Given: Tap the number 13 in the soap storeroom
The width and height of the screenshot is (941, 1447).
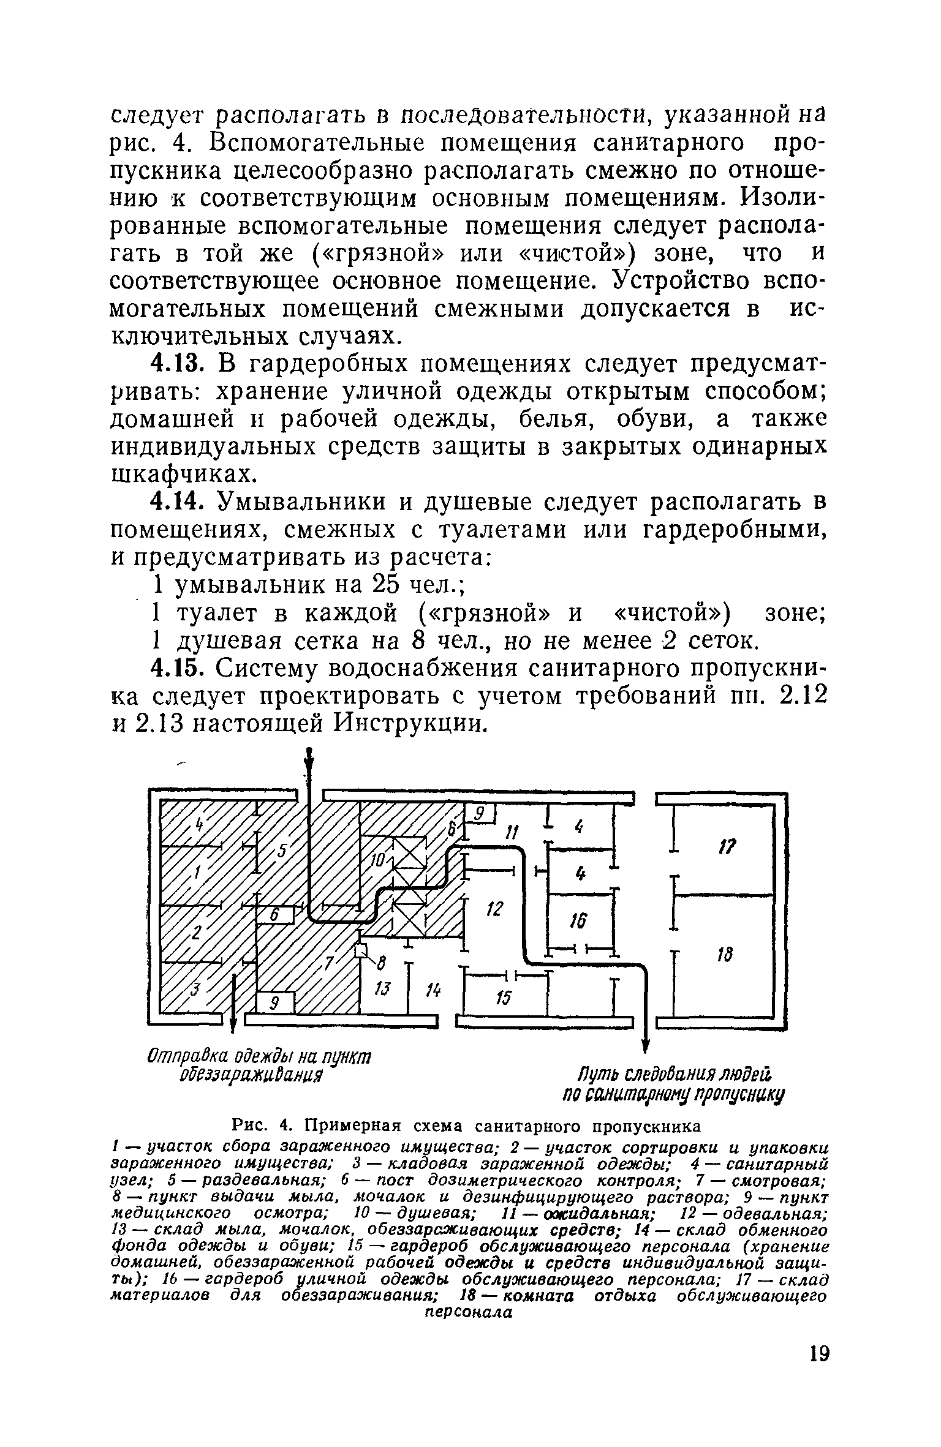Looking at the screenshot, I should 381,990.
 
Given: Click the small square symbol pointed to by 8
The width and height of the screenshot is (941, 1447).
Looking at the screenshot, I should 360,950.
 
